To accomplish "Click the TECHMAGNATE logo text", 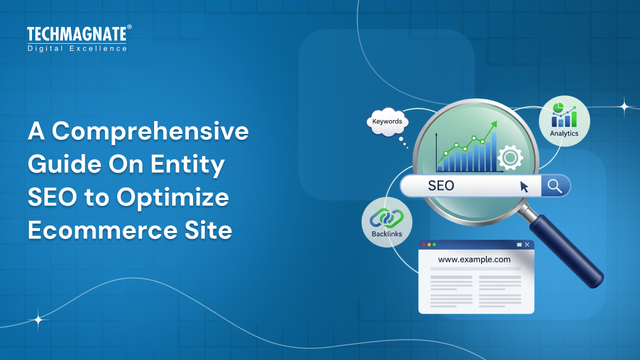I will (77, 35).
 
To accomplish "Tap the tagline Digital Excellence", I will (77, 49).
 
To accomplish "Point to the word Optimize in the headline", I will (173, 198).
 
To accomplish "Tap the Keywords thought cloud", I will (387, 122).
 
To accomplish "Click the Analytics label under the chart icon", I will (564, 133).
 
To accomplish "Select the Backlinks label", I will (387, 234).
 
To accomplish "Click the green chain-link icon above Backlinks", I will (387, 218).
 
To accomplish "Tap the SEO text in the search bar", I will (441, 186).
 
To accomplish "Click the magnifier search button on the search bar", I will (555, 186).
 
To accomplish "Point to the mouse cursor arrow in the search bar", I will (524, 187).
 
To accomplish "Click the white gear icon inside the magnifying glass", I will (509, 157).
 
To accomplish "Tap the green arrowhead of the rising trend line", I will (494, 124).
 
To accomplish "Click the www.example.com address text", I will (474, 260).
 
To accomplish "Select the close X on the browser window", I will (527, 245).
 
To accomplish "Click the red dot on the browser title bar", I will (424, 245).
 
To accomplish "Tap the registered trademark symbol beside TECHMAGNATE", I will (129, 27).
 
